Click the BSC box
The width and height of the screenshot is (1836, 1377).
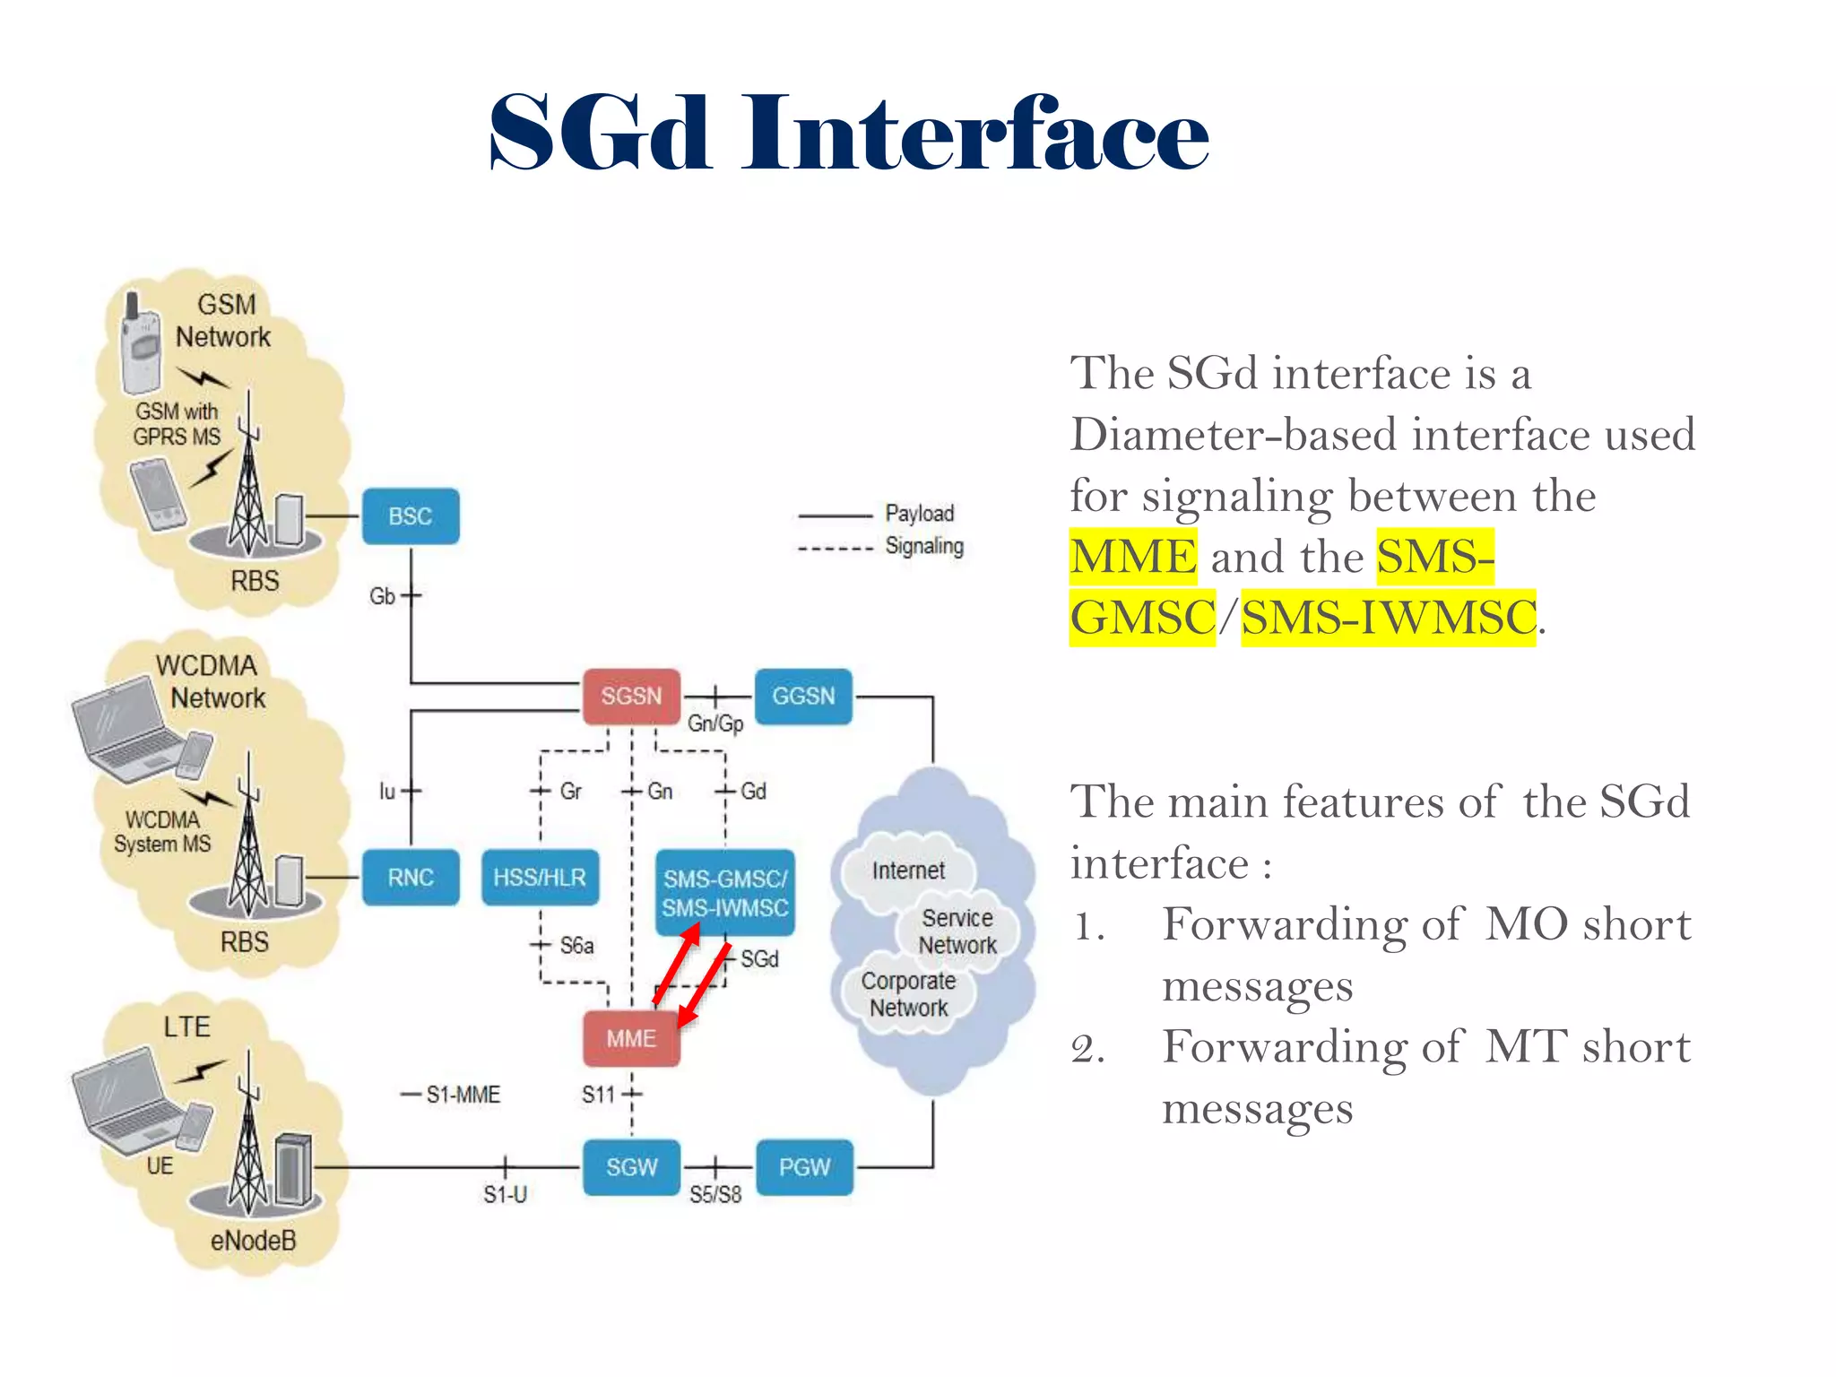click(411, 516)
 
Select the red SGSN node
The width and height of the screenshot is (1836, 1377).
click(631, 697)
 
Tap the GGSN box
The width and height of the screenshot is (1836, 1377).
click(803, 697)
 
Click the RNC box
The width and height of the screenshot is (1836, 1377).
click(411, 878)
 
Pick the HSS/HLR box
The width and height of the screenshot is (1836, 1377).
click(540, 878)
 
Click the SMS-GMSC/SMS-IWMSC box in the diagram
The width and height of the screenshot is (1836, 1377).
click(724, 894)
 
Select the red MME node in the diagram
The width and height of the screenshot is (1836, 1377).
click(631, 1039)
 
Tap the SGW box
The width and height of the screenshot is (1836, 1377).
click(631, 1167)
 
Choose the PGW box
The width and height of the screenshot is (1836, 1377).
click(804, 1167)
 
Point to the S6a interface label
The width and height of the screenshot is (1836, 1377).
click(576, 946)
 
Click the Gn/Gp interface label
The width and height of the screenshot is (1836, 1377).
click(714, 723)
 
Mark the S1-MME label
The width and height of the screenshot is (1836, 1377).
click(463, 1095)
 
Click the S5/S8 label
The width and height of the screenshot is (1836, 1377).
click(714, 1195)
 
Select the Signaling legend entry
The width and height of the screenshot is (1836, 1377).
click(923, 546)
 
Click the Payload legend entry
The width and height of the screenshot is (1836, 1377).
click(919, 514)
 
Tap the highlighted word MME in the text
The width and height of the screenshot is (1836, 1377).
click(1133, 557)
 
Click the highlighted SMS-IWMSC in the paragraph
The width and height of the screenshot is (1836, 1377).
click(1388, 618)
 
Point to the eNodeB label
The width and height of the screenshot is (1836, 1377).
click(253, 1241)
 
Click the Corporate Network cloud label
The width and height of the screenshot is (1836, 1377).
click(908, 994)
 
